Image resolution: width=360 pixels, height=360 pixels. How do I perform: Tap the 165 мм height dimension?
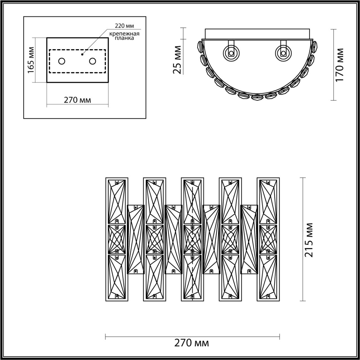tap(31, 60)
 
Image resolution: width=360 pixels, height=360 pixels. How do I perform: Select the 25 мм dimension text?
tap(177, 60)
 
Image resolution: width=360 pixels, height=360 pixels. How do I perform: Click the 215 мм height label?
tap(309, 240)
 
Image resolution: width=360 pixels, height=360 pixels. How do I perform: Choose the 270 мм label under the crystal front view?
tap(192, 343)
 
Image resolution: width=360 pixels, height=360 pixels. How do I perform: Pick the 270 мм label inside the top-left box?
tap(77, 100)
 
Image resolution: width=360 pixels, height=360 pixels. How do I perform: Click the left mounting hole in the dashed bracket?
tap(62, 61)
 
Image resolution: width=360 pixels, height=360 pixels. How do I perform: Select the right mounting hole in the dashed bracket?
tap(93, 61)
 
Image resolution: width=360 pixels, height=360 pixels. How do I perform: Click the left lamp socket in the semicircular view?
tap(231, 52)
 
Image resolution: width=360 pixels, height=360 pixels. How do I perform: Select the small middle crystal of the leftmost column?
tap(117, 239)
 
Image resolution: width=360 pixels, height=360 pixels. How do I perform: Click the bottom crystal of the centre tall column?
tap(192, 276)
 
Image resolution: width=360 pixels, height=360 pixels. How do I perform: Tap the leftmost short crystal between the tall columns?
tap(136, 239)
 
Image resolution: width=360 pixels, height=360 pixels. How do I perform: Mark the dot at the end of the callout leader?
tap(82, 54)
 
